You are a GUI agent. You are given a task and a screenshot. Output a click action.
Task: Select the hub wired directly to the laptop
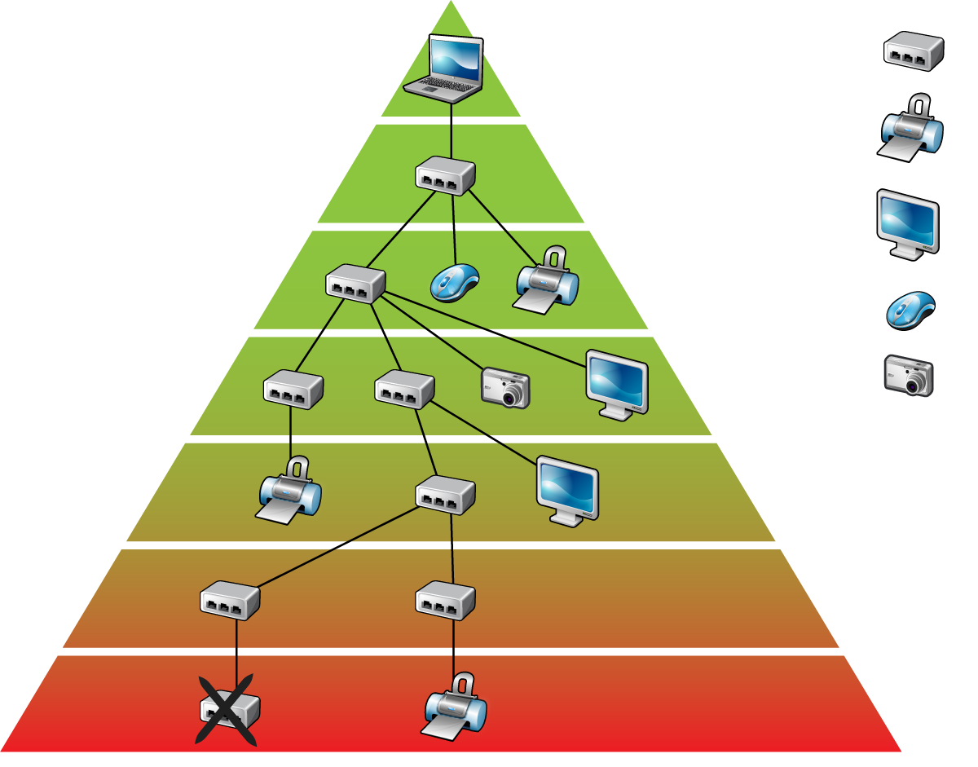tap(445, 175)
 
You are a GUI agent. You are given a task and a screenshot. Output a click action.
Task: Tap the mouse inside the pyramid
tap(454, 282)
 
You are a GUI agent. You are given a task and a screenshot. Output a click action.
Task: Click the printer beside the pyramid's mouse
tap(547, 281)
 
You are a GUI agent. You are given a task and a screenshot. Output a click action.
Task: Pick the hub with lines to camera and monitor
tap(355, 284)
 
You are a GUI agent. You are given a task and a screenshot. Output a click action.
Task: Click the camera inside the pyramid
tap(506, 386)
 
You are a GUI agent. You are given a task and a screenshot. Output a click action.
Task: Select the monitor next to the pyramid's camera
tap(617, 382)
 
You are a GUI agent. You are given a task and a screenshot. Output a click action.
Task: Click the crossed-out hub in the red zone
tap(229, 710)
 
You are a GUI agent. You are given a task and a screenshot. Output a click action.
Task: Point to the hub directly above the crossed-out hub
tap(230, 600)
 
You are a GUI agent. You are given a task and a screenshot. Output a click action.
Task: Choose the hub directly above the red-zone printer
tap(445, 600)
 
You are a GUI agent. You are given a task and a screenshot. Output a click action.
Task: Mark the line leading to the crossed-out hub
tap(236, 652)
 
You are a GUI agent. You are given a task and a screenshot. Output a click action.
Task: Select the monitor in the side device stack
tap(908, 220)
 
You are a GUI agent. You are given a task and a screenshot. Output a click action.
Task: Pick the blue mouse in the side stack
tap(907, 314)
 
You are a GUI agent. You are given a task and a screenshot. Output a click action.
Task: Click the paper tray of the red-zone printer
tap(445, 728)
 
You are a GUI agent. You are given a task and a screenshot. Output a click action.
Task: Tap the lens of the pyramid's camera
tap(513, 396)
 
